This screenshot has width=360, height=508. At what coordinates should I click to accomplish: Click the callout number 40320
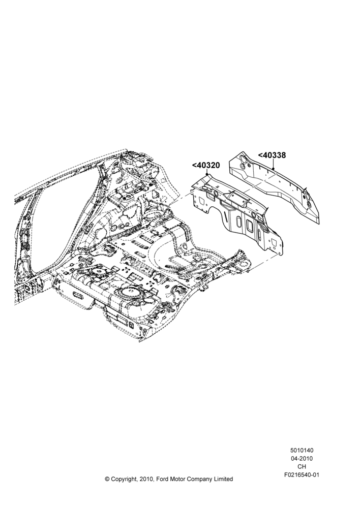tap(206, 165)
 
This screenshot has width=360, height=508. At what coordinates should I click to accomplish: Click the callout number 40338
tap(272, 155)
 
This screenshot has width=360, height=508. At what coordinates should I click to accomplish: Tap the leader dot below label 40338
tap(274, 169)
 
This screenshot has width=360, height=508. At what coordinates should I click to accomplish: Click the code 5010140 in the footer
tap(302, 450)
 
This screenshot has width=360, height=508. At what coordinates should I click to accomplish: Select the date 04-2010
tap(302, 458)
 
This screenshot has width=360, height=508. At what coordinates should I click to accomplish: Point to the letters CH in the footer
tap(302, 467)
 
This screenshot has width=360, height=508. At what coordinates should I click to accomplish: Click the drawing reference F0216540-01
tap(302, 475)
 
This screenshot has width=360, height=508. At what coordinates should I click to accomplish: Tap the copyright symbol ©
tap(107, 479)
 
